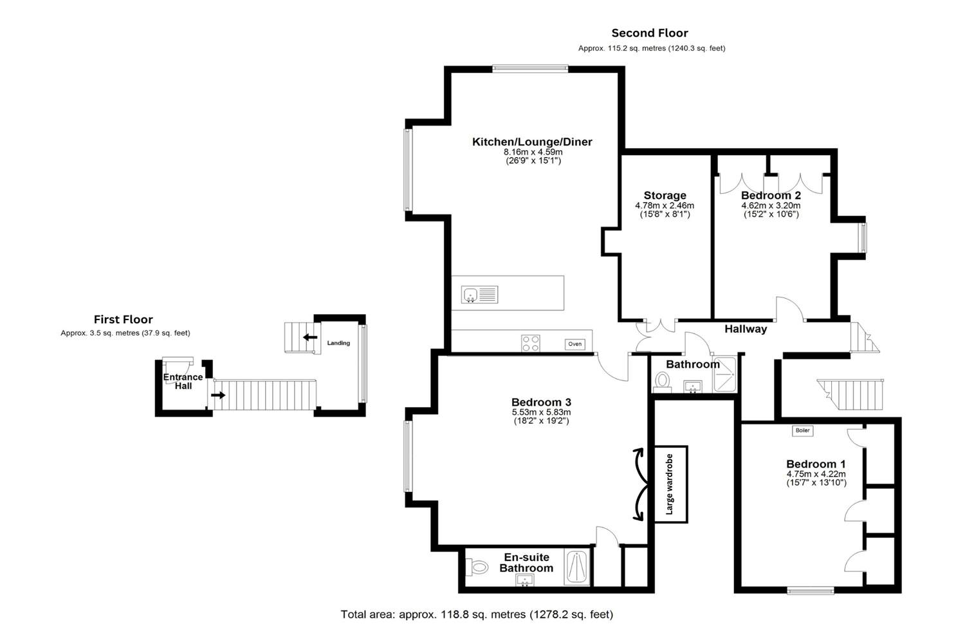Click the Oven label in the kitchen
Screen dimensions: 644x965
[x=575, y=344]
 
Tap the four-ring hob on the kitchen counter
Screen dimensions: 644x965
[x=531, y=343]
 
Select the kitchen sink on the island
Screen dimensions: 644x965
[x=479, y=295]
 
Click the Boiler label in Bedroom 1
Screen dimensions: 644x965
[x=802, y=431]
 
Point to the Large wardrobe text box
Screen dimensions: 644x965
[x=670, y=484]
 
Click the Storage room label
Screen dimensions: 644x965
[x=665, y=195]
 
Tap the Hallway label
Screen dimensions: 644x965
[x=746, y=329]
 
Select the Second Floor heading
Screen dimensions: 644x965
[x=649, y=33]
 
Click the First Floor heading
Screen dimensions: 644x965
[x=124, y=319]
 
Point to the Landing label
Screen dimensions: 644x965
[x=338, y=343]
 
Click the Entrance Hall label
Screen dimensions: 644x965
[x=183, y=381]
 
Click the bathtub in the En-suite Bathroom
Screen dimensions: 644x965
[x=576, y=567]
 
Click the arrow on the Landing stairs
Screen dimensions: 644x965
[x=311, y=337]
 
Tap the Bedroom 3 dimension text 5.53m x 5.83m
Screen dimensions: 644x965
[x=541, y=412]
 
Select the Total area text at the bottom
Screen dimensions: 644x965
[x=477, y=614]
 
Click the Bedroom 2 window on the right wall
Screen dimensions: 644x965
[x=863, y=238]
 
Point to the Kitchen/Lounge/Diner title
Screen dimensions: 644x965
[x=532, y=142]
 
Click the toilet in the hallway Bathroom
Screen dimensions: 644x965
[x=661, y=382]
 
